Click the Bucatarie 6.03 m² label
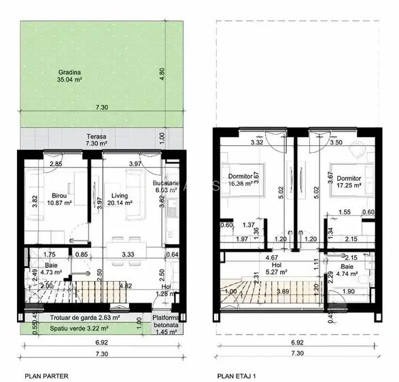point(166,187)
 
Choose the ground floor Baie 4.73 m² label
point(51,269)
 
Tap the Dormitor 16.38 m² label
point(241,178)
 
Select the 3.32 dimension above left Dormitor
point(237,144)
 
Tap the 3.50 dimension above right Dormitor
point(336,144)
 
